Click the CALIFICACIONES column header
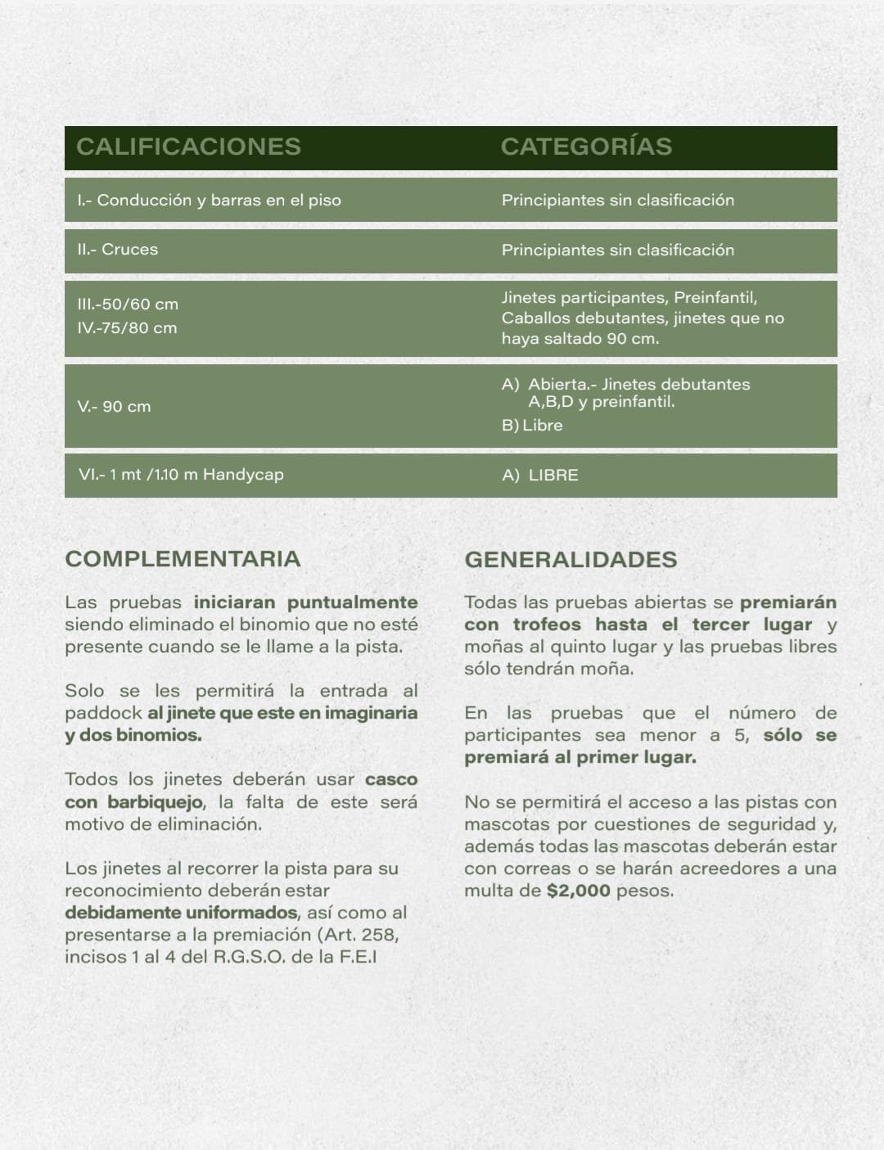click(x=188, y=147)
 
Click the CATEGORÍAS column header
click(x=586, y=147)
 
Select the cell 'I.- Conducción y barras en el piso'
click(x=209, y=201)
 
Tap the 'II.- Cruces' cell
click(x=117, y=250)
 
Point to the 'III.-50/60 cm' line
click(x=128, y=304)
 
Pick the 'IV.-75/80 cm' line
click(x=127, y=328)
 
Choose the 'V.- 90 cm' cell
click(x=114, y=407)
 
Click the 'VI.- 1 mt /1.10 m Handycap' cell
click(x=181, y=475)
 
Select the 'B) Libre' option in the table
click(x=532, y=426)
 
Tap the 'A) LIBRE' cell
click(x=540, y=476)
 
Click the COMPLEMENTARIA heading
click(x=183, y=559)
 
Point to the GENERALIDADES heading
click(x=571, y=560)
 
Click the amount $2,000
click(x=578, y=891)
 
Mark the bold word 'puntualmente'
click(x=352, y=602)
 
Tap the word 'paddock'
click(x=102, y=713)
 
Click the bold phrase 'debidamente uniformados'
click(x=182, y=913)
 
